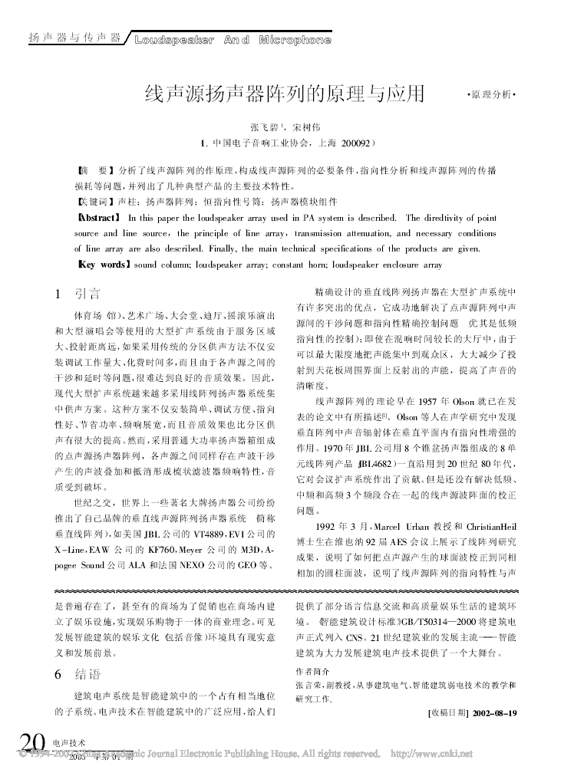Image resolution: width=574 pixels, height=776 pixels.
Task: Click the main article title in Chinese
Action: point(285,94)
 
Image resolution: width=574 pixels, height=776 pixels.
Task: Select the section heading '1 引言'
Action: point(78,294)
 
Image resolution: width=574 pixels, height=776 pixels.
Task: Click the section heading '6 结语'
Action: point(78,675)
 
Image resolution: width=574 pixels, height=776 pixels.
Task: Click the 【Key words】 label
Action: point(103,265)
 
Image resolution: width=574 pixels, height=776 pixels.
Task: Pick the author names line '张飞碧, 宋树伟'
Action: point(285,126)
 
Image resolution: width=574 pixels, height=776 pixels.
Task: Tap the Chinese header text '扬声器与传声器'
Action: point(74,38)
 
